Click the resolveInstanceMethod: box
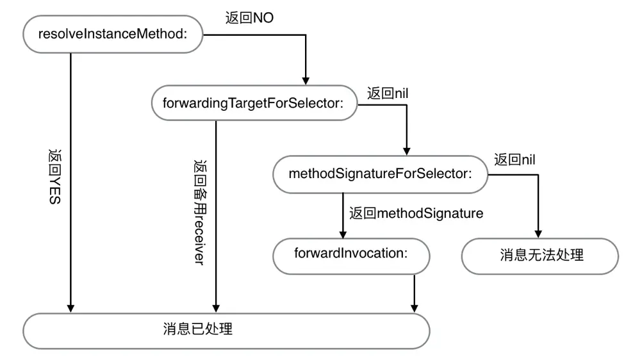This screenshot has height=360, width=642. coord(113,35)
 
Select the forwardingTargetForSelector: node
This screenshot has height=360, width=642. coord(254,102)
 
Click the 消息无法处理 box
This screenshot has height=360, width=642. coord(540,256)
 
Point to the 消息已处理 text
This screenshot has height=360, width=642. coord(198,331)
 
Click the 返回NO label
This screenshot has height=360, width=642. coord(251,18)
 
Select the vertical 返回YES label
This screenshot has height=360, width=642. coord(54,177)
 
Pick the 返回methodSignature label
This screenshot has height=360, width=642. coord(416,213)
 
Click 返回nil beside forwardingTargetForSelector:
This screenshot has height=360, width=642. coord(388,92)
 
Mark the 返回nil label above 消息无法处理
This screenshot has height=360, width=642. coord(516,160)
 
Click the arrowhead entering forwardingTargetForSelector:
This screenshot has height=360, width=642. coord(306,80)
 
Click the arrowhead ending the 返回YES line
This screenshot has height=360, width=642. coord(70,306)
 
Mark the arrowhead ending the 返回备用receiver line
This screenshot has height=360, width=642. coord(216,306)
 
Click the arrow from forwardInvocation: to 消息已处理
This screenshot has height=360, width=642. coord(416,291)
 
